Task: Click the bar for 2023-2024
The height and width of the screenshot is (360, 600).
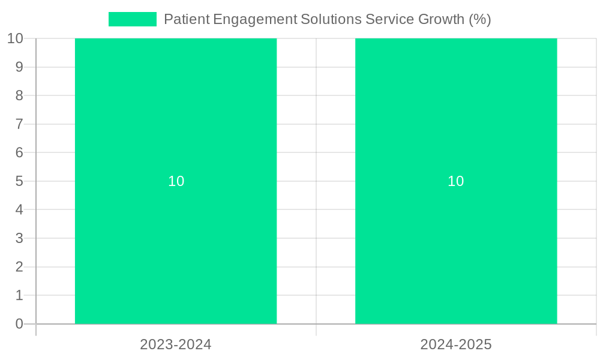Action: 176,120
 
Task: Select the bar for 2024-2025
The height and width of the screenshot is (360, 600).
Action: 456,120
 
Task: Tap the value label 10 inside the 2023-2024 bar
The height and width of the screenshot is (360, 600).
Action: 176,181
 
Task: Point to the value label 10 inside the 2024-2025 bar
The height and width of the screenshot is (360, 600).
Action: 456,181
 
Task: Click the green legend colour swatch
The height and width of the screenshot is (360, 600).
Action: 132,19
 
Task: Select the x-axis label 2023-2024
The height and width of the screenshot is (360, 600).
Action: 176,344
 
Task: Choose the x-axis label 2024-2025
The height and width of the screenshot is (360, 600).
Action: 456,344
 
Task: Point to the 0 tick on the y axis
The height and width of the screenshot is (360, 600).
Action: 19,324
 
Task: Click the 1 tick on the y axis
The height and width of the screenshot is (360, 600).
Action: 19,295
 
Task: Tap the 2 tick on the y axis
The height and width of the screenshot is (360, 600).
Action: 19,267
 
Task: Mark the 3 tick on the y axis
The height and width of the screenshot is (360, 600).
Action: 19,238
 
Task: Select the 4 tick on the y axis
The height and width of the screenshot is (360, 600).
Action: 19,210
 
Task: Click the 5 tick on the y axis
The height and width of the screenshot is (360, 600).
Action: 19,181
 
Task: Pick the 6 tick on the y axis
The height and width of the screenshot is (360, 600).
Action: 19,152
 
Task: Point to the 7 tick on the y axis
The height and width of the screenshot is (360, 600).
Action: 19,124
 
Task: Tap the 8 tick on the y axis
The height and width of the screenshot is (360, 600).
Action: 19,95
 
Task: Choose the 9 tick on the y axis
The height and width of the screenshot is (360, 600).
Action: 19,67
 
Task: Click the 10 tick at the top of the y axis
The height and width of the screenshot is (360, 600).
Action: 15,38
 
